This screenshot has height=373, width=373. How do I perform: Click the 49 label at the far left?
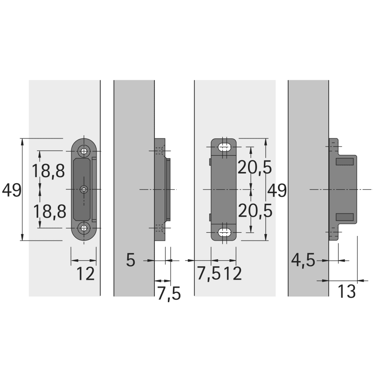pos(12,190)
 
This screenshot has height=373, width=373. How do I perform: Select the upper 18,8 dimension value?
pos(48,171)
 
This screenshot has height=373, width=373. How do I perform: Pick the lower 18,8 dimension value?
pos(49,212)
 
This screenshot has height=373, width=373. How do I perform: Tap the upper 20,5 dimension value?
pos(255,167)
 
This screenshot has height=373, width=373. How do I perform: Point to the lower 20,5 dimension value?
pos(255,211)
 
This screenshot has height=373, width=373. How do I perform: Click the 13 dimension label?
pos(346,291)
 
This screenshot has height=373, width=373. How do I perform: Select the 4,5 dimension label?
pos(303,261)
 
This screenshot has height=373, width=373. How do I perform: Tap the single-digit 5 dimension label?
pos(131,260)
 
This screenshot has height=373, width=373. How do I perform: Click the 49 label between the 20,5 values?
pos(277,190)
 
